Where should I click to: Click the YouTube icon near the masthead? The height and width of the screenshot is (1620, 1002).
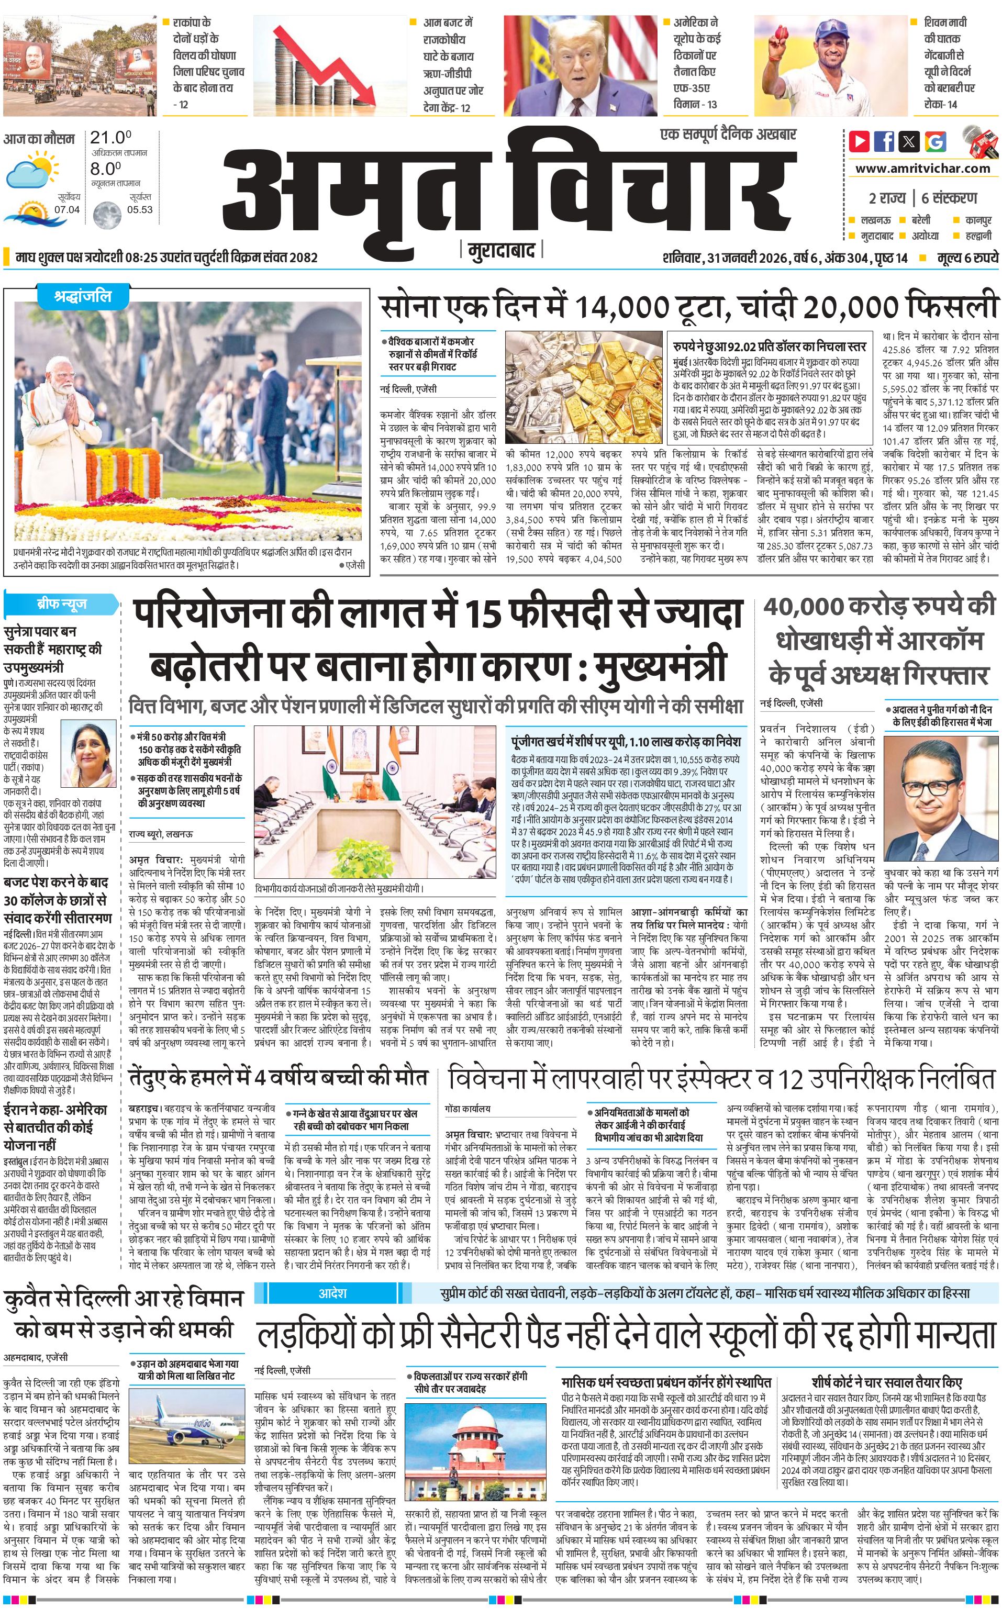pyautogui.click(x=859, y=141)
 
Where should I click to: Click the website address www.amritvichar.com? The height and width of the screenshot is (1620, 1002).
pyautogui.click(x=922, y=169)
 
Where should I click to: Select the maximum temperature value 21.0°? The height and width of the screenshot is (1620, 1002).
pyautogui.click(x=110, y=138)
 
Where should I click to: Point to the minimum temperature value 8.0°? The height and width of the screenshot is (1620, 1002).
pyautogui.click(x=105, y=169)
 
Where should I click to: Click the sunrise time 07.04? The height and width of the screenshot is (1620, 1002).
pyautogui.click(x=66, y=209)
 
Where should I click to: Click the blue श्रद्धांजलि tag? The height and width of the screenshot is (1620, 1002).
pyautogui.click(x=83, y=297)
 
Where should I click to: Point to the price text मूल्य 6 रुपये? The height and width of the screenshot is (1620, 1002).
pyautogui.click(x=967, y=258)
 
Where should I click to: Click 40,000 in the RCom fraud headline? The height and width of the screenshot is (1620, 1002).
pyautogui.click(x=803, y=608)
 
